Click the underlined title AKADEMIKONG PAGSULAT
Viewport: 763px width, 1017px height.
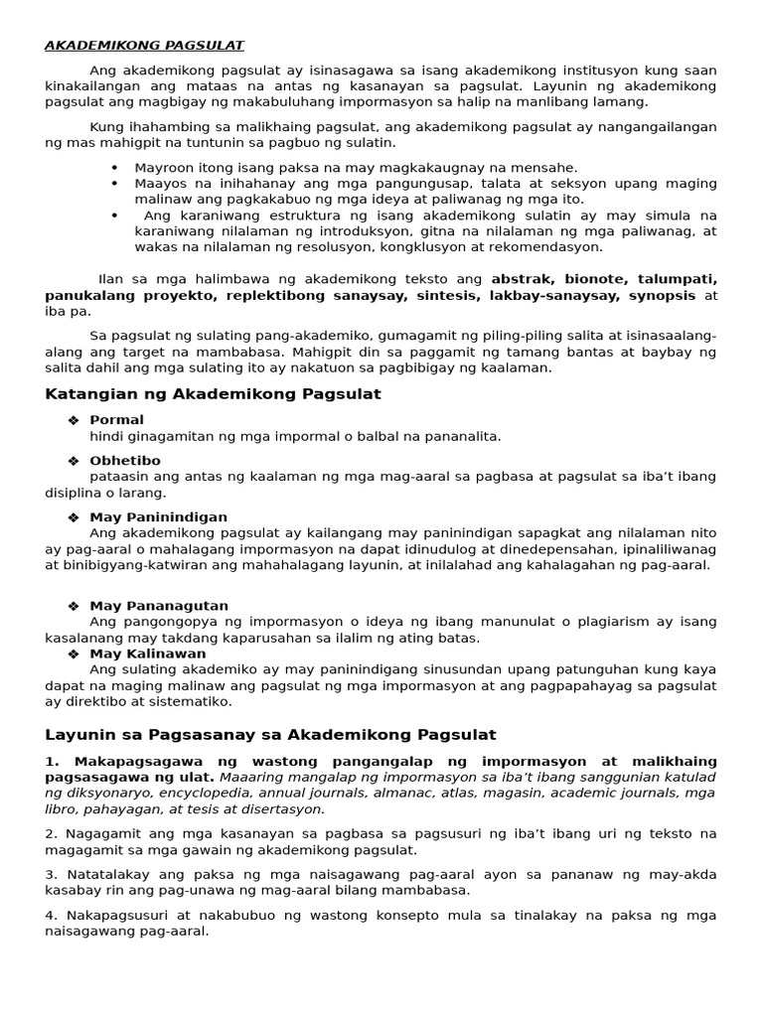[x=145, y=45]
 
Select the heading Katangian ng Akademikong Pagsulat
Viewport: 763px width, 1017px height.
[x=213, y=394]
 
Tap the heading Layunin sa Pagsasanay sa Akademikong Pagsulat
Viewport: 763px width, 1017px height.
[x=270, y=735]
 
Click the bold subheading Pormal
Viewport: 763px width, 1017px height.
[x=116, y=420]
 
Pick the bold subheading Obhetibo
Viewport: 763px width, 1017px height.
[x=124, y=461]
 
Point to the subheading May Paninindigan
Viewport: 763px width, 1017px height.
[x=158, y=517]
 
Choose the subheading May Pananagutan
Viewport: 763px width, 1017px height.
[x=159, y=606]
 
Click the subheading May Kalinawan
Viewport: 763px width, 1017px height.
[x=148, y=654]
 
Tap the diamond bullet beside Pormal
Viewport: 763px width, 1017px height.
[x=73, y=420]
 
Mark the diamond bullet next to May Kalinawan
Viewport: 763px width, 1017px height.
[x=73, y=654]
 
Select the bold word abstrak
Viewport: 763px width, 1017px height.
[x=523, y=279]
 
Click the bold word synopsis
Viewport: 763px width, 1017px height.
[x=667, y=296]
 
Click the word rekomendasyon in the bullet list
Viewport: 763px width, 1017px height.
[x=539, y=247]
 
